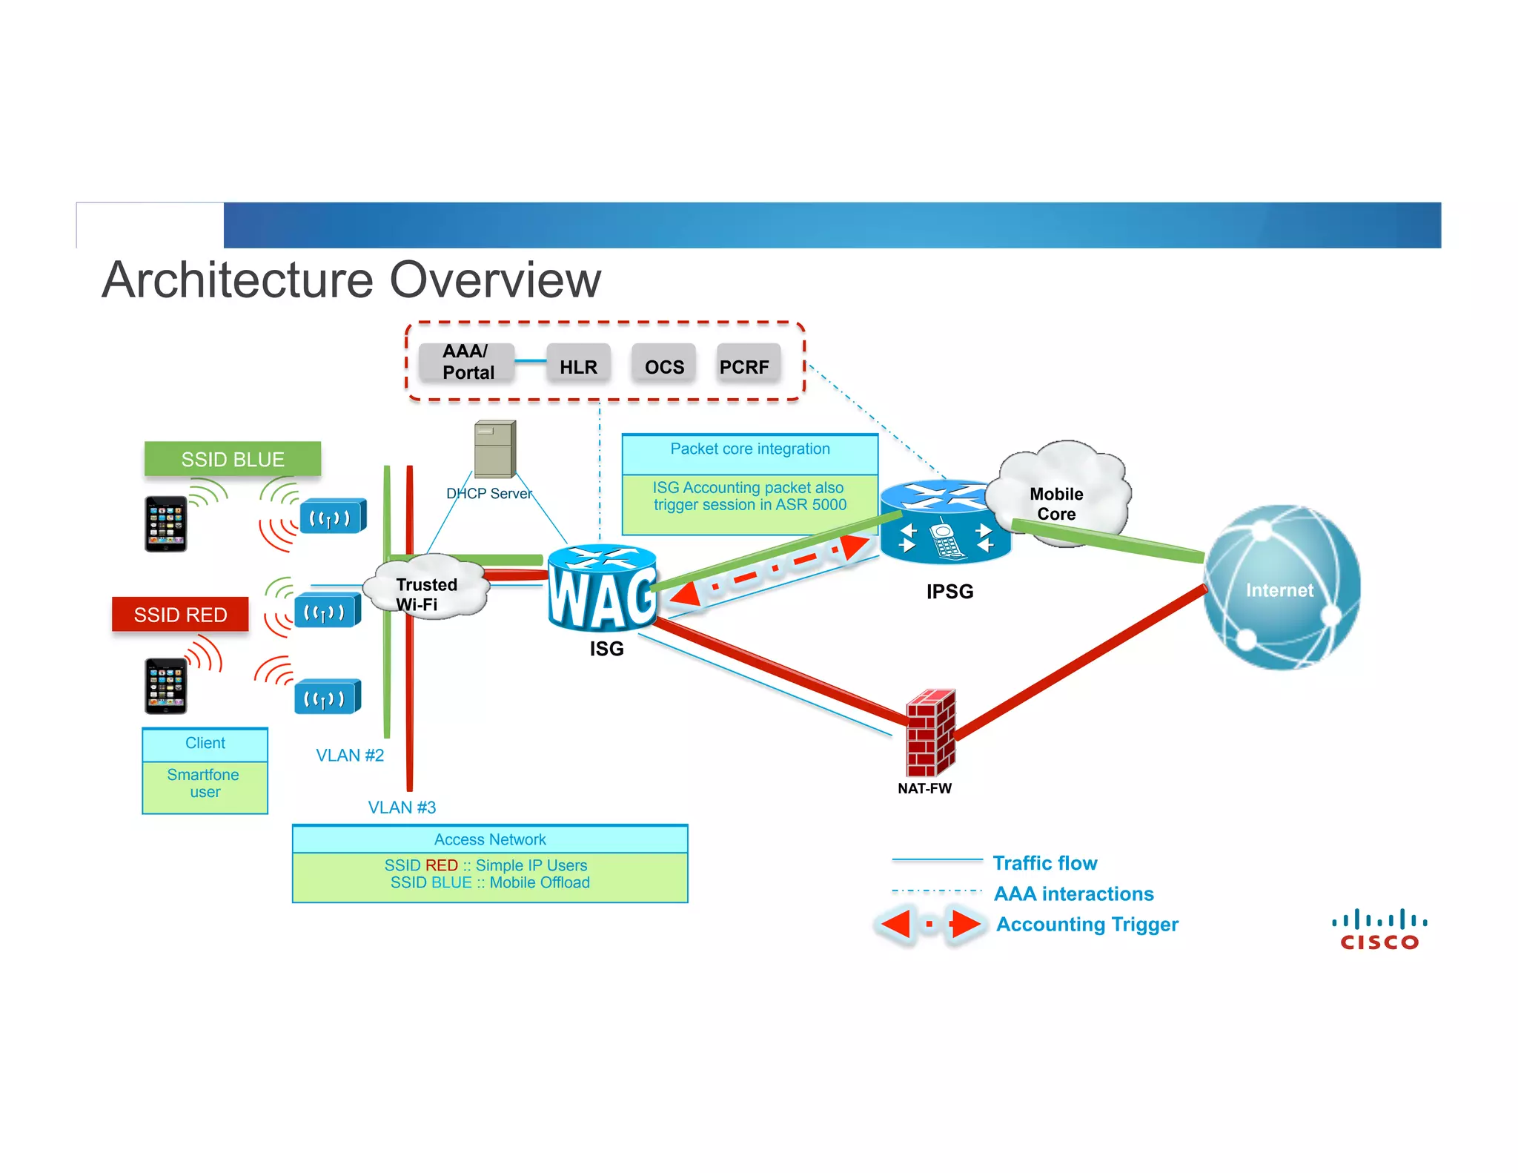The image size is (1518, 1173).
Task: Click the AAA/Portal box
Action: pyautogui.click(x=467, y=362)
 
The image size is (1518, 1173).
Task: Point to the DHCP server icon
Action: pyautogui.click(x=494, y=449)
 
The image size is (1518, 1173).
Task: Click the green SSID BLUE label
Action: pyautogui.click(x=233, y=459)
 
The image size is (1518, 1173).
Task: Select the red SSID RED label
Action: pyautogui.click(x=180, y=615)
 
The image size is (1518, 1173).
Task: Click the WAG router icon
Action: pyautogui.click(x=602, y=589)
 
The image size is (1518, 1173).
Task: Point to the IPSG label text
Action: pyautogui.click(x=949, y=592)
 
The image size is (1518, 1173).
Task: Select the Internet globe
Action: pyautogui.click(x=1281, y=589)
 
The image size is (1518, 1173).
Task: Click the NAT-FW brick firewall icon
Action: pyautogui.click(x=930, y=733)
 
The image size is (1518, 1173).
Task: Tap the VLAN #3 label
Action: pyautogui.click(x=402, y=807)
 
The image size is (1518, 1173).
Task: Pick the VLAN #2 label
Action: pyautogui.click(x=350, y=756)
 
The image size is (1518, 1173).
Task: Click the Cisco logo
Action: pyautogui.click(x=1379, y=931)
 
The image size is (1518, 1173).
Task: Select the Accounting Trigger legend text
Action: pyautogui.click(x=1087, y=925)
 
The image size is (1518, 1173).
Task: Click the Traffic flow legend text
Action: pyautogui.click(x=1044, y=863)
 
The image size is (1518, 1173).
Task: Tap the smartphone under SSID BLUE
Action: pyautogui.click(x=166, y=524)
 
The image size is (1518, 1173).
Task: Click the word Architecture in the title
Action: pyautogui.click(x=237, y=280)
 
